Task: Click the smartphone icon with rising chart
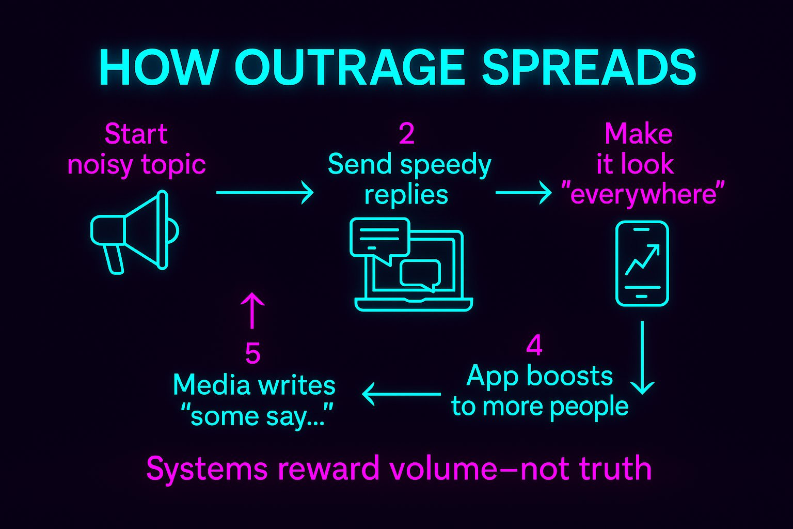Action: pyautogui.click(x=642, y=263)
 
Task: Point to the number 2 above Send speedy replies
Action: pyautogui.click(x=406, y=134)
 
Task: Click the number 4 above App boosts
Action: pyautogui.click(x=534, y=346)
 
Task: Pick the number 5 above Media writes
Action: pyautogui.click(x=252, y=354)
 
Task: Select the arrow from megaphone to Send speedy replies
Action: pyautogui.click(x=264, y=193)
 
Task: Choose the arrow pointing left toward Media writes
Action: pyautogui.click(x=401, y=394)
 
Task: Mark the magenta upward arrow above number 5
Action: pyautogui.click(x=252, y=310)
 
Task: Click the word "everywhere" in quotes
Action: pyautogui.click(x=643, y=195)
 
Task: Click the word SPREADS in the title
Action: pyautogui.click(x=589, y=68)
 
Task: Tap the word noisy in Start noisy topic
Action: pyautogui.click(x=100, y=165)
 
